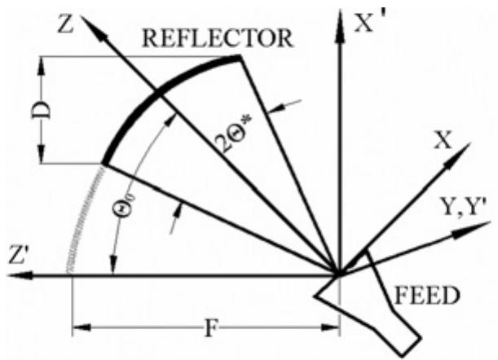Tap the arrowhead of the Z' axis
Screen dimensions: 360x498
pyautogui.click(x=15, y=276)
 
